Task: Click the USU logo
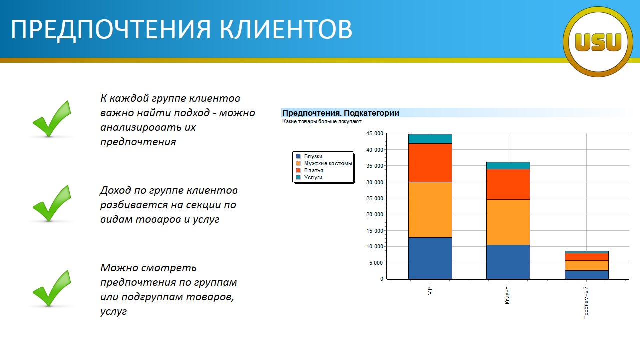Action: [x=598, y=42]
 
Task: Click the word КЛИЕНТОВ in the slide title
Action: [x=286, y=29]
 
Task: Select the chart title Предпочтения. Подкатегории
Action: [x=341, y=113]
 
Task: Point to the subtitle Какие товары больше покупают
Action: [x=322, y=121]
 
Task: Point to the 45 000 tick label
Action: [x=375, y=133]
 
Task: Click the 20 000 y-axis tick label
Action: [x=375, y=214]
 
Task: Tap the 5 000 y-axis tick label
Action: [x=376, y=263]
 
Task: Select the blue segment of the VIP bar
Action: [x=430, y=258]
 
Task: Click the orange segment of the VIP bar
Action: [x=430, y=210]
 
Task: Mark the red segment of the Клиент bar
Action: [x=508, y=184]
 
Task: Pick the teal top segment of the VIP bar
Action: [x=430, y=139]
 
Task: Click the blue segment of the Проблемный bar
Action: [x=587, y=275]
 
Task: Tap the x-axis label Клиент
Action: [x=507, y=295]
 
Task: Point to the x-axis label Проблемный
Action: [x=586, y=303]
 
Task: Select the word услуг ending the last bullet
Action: [x=113, y=311]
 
